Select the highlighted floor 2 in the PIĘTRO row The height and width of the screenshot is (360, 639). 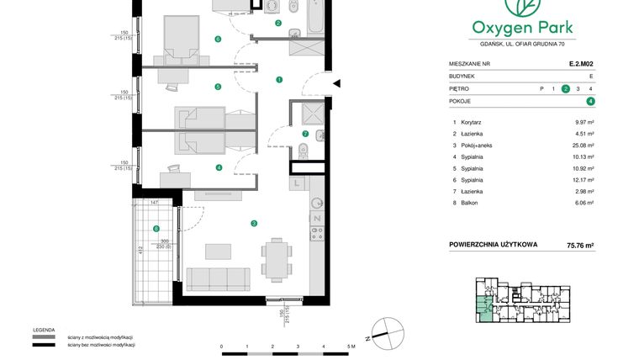click(566, 88)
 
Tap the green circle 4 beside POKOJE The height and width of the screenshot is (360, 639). click(591, 101)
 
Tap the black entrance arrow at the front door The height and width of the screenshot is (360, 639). click(336, 83)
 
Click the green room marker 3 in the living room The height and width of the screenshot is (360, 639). click(253, 223)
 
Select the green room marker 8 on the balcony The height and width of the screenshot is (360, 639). click(156, 229)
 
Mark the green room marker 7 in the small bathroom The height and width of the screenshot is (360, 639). click(305, 134)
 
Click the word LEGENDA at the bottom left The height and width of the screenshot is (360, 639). click(44, 330)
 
